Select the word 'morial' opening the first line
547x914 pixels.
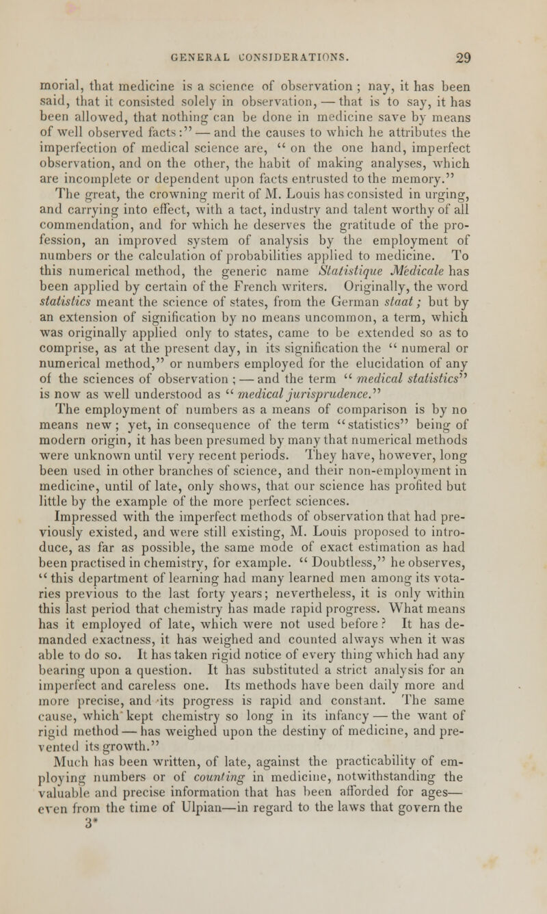pyautogui.click(x=59, y=67)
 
